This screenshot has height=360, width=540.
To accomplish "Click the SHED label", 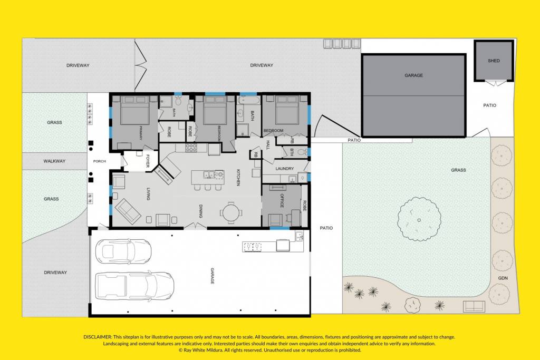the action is (494, 61).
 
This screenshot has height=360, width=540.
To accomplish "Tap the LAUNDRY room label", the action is (284, 169).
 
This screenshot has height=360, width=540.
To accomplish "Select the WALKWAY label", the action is (54, 161).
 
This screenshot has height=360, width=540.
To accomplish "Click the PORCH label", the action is (100, 161).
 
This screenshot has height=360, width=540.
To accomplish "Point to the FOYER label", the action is (148, 161).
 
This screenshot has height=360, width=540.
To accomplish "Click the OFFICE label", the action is (282, 201).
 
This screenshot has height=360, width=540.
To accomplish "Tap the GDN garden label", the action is (503, 278).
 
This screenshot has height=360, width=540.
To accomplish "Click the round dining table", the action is (230, 212).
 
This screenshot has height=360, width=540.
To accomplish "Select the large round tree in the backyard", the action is (419, 219).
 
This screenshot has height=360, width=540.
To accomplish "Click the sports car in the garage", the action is (123, 251).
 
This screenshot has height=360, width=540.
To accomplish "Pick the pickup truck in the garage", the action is (134, 285).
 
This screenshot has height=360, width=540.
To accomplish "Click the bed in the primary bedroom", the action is (135, 110).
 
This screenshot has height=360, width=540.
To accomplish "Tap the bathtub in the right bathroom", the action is (247, 100).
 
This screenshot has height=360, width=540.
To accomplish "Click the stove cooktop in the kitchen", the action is (191, 148).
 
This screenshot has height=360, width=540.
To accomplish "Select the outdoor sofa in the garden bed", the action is (474, 306).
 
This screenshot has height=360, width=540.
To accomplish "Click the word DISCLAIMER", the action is (98, 337).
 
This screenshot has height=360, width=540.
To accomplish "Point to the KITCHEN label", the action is (238, 178).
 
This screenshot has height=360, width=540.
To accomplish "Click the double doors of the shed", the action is (495, 83).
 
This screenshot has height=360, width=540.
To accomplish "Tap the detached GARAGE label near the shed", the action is (413, 75).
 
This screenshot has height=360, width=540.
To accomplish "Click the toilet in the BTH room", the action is (302, 152).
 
